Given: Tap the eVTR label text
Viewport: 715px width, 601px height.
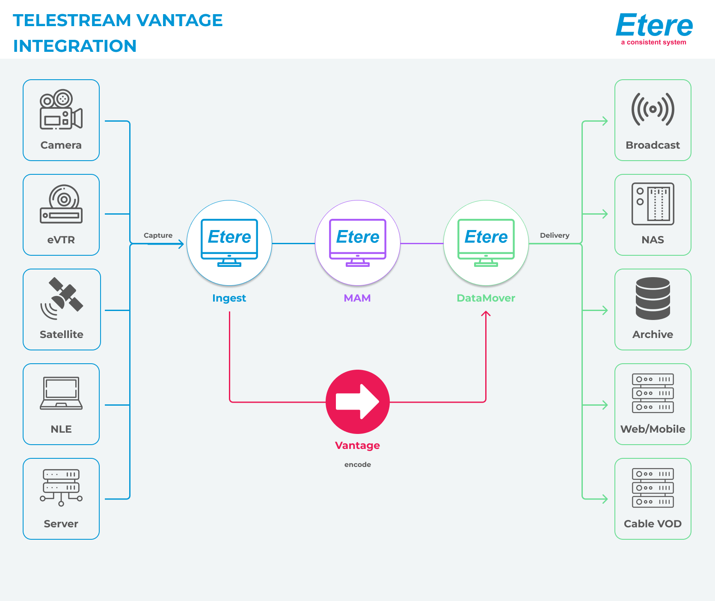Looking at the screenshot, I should click(61, 240).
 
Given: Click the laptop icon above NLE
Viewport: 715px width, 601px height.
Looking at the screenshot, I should click(61, 393).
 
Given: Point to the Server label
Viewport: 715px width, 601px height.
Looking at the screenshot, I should click(61, 523).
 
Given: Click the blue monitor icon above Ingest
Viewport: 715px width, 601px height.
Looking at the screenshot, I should click(229, 242).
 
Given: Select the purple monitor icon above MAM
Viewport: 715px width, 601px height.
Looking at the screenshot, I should click(358, 242).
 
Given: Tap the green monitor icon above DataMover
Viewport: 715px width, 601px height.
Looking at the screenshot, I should click(486, 242).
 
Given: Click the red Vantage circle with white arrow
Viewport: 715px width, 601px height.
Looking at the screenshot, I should click(358, 402).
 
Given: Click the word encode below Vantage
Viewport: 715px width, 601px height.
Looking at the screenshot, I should click(358, 464).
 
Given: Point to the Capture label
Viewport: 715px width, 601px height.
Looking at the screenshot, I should click(158, 235).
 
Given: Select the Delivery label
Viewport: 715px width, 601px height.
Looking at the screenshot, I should click(555, 235).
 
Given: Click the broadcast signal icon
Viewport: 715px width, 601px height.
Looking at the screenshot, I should click(653, 109).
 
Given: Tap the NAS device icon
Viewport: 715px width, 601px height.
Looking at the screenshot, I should click(653, 204).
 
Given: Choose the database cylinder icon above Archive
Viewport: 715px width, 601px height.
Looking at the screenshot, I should click(653, 299).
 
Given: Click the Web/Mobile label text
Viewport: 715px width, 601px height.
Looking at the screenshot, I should click(653, 429).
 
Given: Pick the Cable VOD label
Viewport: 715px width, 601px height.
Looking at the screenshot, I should click(653, 523).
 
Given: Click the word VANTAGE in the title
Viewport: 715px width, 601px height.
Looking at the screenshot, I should click(180, 20).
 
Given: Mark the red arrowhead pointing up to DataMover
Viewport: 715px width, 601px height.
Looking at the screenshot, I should click(486, 314).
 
